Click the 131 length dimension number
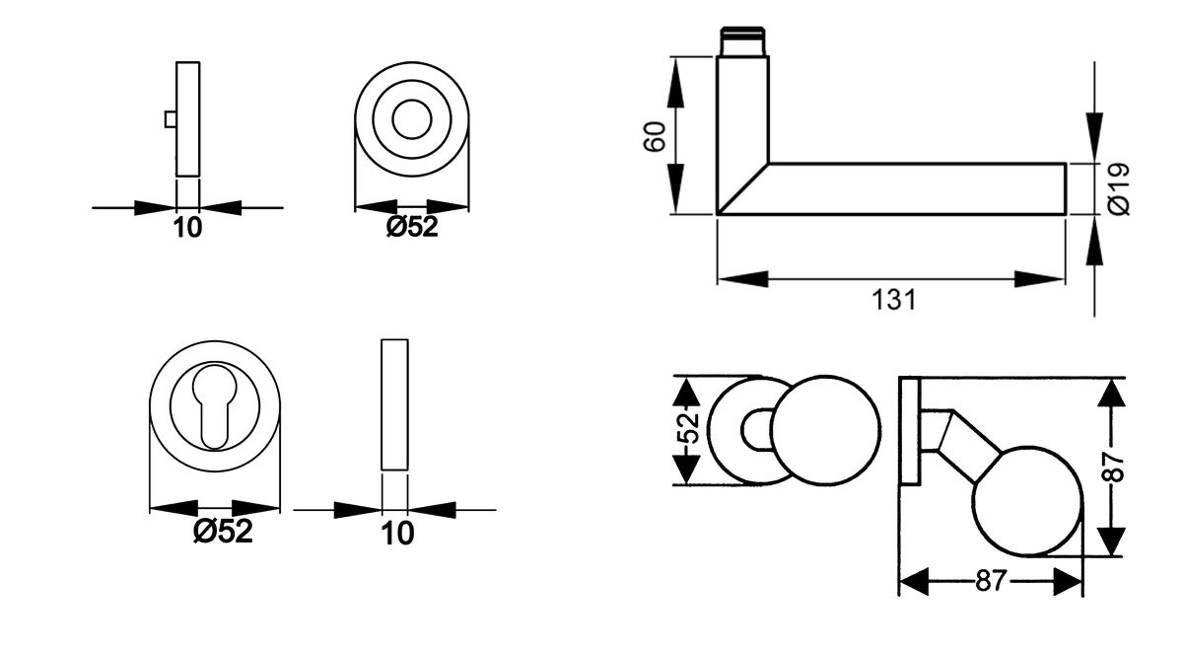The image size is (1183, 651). coord(893,300)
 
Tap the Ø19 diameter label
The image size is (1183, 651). coord(1118,188)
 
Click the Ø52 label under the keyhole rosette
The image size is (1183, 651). coord(223,532)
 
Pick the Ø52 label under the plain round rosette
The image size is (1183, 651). coord(411,228)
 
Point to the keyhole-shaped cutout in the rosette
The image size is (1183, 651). coord(214,406)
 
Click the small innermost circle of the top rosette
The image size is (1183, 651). coord(411,121)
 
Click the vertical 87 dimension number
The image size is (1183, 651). coord(1113,466)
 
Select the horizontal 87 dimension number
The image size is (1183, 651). coord(990,581)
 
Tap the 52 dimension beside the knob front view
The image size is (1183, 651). coord(689,430)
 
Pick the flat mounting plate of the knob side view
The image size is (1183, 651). coord(909,430)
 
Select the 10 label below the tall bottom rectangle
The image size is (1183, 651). coord(397,534)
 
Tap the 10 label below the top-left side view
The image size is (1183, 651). coord(187,228)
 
